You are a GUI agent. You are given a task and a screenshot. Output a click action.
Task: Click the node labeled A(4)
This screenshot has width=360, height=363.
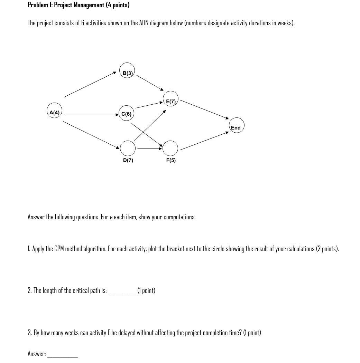pos(55,111)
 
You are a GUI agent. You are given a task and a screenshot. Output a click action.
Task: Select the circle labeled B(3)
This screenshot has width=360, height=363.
pos(127,71)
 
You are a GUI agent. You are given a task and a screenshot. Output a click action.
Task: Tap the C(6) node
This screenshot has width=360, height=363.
pos(127,113)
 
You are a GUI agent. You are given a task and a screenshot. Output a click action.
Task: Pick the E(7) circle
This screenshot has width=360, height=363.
pos(170,99)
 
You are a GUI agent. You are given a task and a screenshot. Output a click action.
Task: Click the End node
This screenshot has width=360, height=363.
pos(237,126)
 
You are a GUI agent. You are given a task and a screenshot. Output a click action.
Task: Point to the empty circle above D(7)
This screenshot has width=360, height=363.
pos(128,148)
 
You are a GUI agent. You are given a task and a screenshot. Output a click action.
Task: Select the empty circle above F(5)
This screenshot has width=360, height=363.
pos(170,148)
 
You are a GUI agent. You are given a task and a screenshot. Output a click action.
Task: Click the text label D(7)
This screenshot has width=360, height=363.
pos(128,160)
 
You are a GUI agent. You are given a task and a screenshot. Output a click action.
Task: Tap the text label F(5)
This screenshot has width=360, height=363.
pos(171,160)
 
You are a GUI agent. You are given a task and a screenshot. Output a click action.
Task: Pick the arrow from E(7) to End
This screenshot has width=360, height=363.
pos(204,109)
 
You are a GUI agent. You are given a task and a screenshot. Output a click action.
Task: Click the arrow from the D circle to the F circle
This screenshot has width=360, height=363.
pos(149,149)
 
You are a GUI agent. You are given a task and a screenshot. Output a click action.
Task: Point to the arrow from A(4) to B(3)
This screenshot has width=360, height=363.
pos(90,85)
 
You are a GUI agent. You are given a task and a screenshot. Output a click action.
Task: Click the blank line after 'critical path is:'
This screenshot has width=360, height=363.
pos(122,291)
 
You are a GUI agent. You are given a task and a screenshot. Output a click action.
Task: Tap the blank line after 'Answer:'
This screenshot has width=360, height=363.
pos(62,354)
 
